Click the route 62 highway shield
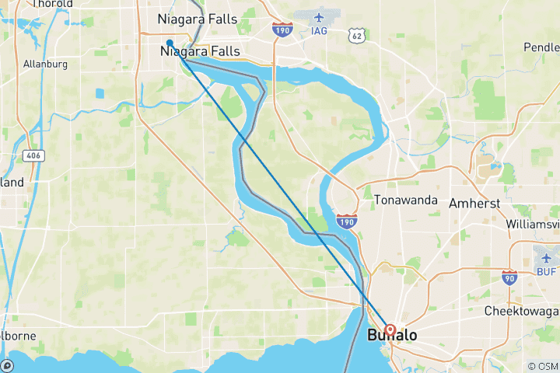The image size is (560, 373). coord(356,36)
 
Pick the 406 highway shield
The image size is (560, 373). coord(33,156)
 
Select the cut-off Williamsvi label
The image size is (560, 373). coord(532,223)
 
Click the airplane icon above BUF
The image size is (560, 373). coord(547,257)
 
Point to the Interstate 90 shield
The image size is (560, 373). coord(509,277)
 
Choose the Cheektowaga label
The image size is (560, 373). coord(522,310)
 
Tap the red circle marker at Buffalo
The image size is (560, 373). coord(390,329)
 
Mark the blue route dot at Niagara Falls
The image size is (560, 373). coord(170,43)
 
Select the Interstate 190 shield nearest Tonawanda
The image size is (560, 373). coord(347,223)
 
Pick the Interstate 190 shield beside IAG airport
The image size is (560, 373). coord(282,30)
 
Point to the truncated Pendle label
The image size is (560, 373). coord(541,47)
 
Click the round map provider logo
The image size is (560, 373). coord(6,365)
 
